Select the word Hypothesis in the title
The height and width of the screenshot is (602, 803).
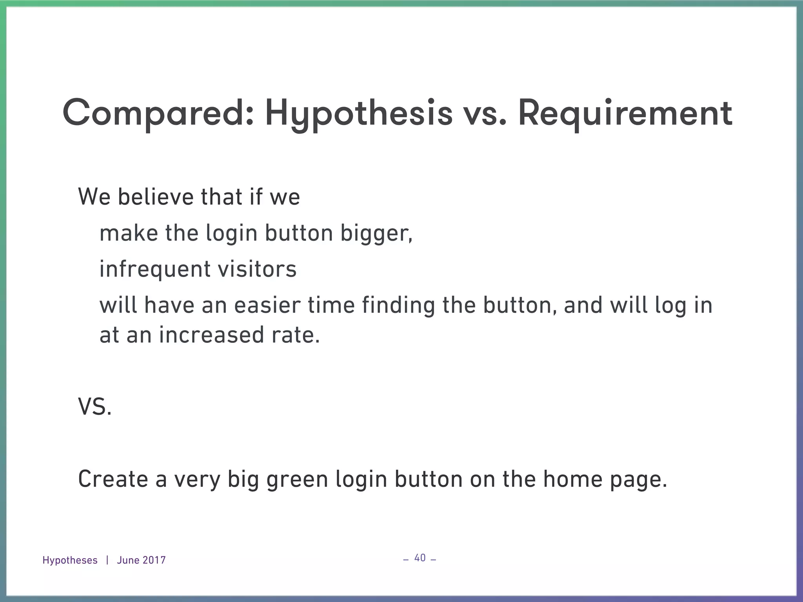click(358, 114)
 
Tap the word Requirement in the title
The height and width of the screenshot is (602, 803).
click(625, 114)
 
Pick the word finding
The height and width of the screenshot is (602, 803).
click(398, 305)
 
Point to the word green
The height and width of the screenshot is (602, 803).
click(297, 480)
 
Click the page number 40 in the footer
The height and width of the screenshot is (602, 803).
click(420, 558)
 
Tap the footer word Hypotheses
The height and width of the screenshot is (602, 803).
click(70, 560)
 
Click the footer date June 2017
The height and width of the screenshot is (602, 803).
click(141, 560)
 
